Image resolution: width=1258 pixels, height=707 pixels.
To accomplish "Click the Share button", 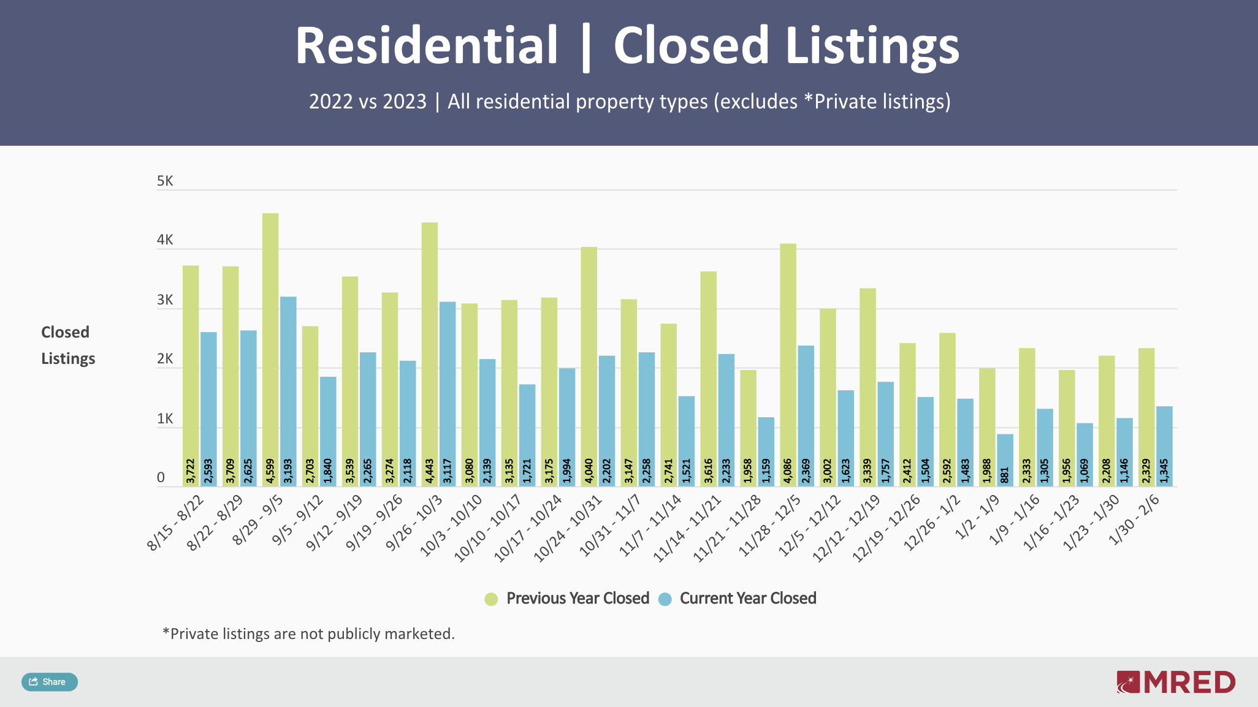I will pos(49,682).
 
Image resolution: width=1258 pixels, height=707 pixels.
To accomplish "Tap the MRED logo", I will pos(1176,682).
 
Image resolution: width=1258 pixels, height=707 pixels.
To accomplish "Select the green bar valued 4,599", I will pos(270,343).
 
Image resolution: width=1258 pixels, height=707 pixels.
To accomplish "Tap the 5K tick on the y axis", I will pos(165,181).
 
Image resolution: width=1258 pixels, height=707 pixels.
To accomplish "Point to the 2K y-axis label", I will pos(165,360).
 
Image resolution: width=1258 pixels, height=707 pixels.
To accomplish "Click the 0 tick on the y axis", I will pos(161,478).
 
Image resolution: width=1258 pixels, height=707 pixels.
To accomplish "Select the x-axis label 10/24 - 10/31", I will pos(569,529).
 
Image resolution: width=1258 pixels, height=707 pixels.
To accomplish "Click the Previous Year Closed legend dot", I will pos(491,599).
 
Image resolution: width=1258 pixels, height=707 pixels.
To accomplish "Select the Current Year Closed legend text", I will pos(748,599).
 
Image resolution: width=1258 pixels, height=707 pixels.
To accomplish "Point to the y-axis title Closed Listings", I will pos(67,345).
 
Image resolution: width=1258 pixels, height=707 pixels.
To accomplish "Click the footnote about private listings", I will pos(308,633).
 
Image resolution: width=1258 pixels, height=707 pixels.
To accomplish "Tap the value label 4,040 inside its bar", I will pos(589,471).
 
